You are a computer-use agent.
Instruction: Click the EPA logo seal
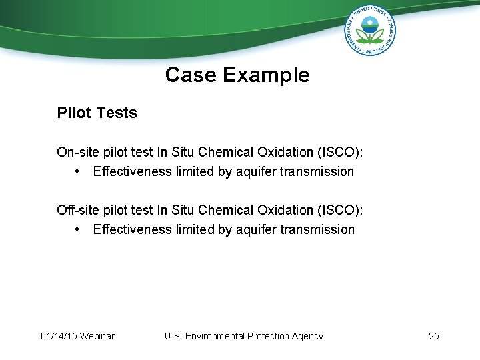369,30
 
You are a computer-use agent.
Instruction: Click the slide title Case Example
237,75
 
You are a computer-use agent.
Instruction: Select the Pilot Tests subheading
97,113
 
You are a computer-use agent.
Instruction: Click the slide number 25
434,336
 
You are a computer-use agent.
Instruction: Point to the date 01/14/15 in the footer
58,336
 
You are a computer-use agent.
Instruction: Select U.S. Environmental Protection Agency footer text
243,336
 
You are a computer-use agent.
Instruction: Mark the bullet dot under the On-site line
79,171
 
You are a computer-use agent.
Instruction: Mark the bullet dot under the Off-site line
79,229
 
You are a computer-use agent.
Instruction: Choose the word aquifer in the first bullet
256,171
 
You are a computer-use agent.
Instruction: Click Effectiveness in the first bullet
132,171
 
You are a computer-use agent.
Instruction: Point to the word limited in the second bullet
195,229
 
